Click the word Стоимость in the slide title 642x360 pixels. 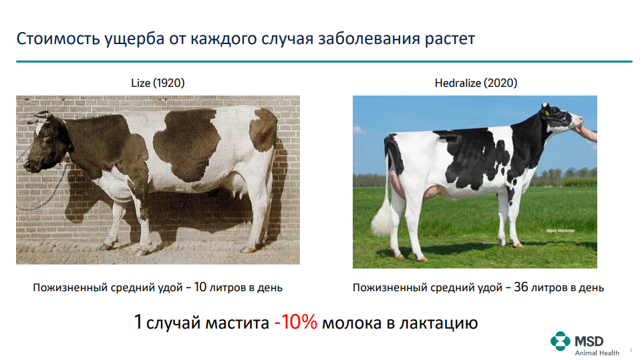pos(57,39)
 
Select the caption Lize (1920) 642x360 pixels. pos(158,83)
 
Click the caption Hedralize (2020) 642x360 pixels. pos(476,83)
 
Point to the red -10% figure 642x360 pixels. pos(296,322)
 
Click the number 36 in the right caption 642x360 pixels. pos(521,287)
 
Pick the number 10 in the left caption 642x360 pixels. pos(200,287)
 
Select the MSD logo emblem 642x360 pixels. pos(560,341)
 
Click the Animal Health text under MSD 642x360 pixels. pos(597,353)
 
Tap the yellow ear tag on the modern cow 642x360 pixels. pos(546,113)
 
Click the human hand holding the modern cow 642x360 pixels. pos(586,133)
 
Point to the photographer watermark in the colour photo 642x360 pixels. pos(560,230)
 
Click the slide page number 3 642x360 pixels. pos(631,350)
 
